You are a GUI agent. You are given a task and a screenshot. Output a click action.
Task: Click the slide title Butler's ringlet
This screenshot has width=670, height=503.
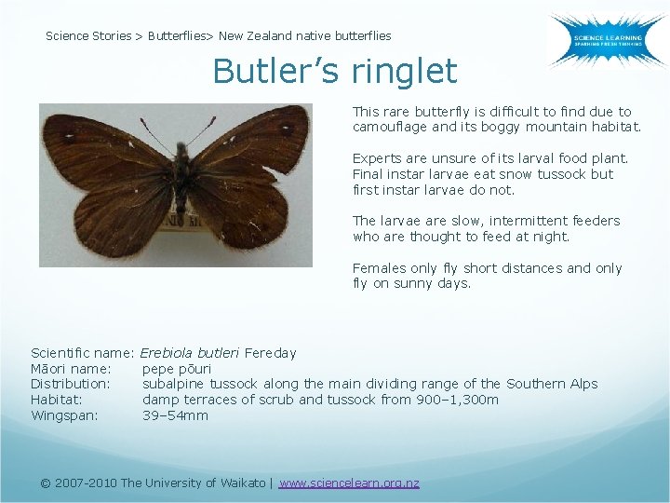(x=335, y=71)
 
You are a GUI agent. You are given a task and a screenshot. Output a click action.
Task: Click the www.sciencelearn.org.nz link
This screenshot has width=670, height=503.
(x=349, y=483)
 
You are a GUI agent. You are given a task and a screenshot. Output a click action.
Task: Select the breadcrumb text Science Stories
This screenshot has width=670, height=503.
(x=88, y=36)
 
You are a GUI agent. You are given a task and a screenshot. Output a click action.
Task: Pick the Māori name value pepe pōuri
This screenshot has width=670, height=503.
(x=177, y=369)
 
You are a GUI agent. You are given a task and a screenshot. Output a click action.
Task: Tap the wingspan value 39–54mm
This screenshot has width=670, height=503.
(x=175, y=415)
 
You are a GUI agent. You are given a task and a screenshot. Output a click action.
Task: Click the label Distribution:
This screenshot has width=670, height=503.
(x=71, y=384)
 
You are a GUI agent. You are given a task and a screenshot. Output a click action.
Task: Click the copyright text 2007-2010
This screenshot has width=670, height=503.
(x=86, y=483)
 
